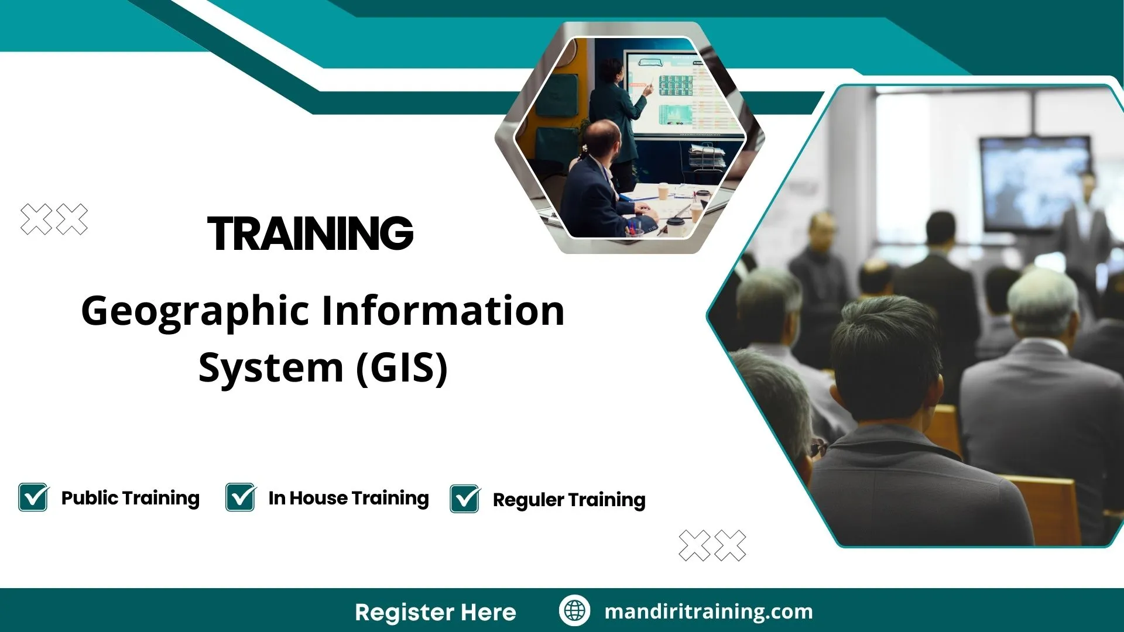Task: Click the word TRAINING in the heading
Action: click(310, 233)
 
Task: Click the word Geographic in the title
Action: click(194, 311)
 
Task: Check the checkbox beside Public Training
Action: click(33, 497)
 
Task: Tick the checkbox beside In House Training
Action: click(241, 497)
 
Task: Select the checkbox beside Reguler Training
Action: click(465, 499)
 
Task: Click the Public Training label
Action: click(130, 498)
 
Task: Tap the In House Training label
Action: click(348, 498)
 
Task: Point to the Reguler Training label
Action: click(568, 500)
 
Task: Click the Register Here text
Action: click(435, 612)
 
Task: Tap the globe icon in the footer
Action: click(574, 610)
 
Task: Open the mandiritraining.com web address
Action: click(708, 612)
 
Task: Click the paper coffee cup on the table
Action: click(663, 191)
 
